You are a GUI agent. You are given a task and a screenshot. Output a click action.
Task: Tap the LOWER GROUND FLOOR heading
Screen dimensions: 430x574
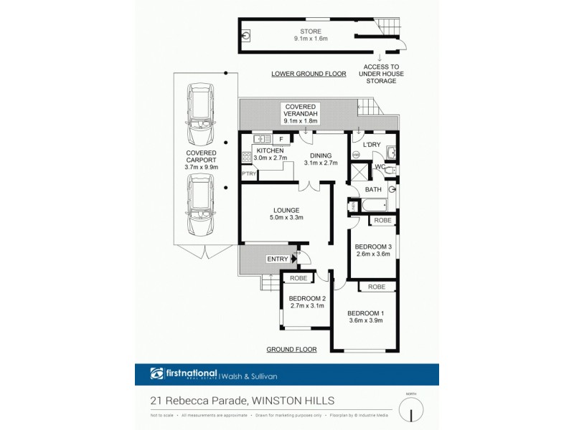[x=309, y=74]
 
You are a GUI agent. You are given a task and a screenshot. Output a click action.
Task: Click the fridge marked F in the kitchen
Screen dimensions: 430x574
[x=281, y=138]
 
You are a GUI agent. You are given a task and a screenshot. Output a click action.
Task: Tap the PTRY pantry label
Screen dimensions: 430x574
[x=248, y=173]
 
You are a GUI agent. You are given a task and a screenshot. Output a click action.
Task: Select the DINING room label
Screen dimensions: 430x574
[x=320, y=155]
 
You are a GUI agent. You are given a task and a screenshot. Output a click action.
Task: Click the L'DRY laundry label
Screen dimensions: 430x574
[x=371, y=145]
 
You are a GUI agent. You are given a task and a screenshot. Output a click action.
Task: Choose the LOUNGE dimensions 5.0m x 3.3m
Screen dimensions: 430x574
[x=287, y=217]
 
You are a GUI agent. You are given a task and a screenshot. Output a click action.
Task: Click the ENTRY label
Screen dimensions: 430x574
[x=277, y=259]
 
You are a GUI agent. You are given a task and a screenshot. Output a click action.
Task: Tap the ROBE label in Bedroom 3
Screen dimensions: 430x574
[x=382, y=221]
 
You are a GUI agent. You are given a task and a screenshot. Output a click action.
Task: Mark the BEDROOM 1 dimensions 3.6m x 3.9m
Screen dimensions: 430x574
[x=365, y=320]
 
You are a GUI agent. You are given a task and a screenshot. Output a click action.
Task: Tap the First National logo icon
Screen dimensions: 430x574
[x=157, y=373]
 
